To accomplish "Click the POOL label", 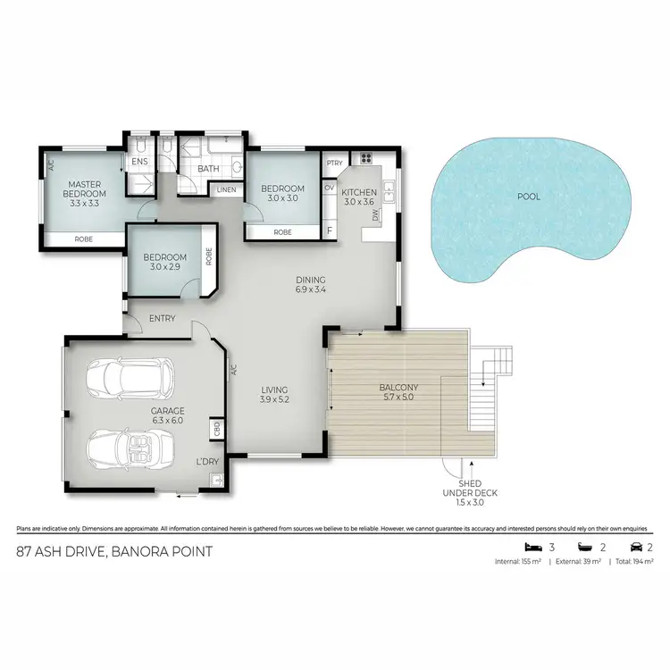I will pyautogui.click(x=529, y=197).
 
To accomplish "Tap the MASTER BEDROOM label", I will pyautogui.click(x=86, y=193).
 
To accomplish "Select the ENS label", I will pyautogui.click(x=139, y=162).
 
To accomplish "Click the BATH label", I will pyautogui.click(x=208, y=168).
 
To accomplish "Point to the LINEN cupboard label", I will pyautogui.click(x=226, y=189).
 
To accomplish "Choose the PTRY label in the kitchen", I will pyautogui.click(x=335, y=163).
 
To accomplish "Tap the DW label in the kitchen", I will pyautogui.click(x=376, y=215).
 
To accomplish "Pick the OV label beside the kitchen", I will pyautogui.click(x=330, y=188).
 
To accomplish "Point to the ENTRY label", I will pyautogui.click(x=163, y=319).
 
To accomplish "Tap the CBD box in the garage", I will pyautogui.click(x=217, y=431).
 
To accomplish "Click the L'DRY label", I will pyautogui.click(x=207, y=462).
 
